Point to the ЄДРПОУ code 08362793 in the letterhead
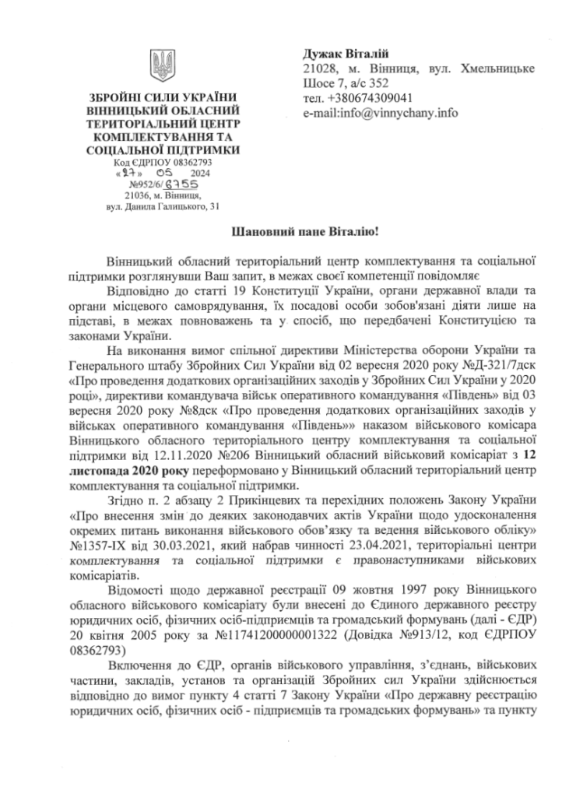tap(187, 162)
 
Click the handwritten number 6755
tap(183, 184)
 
